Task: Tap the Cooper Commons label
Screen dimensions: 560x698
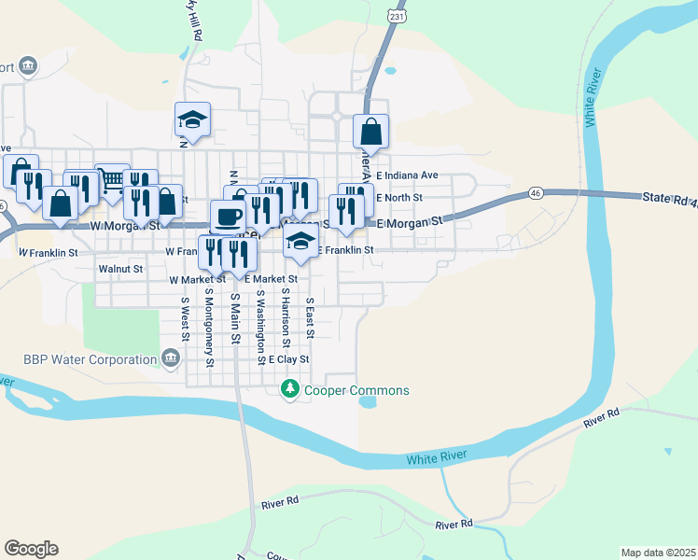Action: pyautogui.click(x=356, y=390)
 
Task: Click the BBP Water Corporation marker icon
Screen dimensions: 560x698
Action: pyautogui.click(x=171, y=357)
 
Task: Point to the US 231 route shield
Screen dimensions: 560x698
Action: pyautogui.click(x=397, y=16)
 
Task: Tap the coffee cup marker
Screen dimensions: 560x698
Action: pyautogui.click(x=228, y=217)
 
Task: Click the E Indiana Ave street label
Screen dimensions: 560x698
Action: pyautogui.click(x=407, y=175)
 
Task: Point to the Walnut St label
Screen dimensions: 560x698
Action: pyautogui.click(x=120, y=269)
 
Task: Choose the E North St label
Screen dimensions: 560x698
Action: pyautogui.click(x=399, y=198)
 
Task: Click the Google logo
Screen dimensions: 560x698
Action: pyautogui.click(x=31, y=548)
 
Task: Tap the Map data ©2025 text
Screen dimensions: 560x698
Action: pyautogui.click(x=657, y=552)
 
